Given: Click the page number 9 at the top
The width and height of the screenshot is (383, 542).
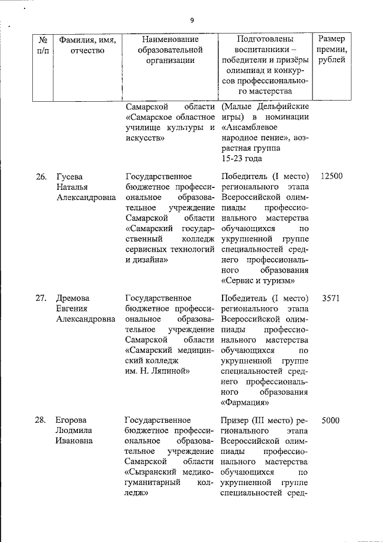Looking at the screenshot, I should click(192, 20).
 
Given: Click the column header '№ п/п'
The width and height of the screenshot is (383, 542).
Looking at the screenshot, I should click(42, 45).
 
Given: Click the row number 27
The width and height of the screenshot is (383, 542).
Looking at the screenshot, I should click(41, 298).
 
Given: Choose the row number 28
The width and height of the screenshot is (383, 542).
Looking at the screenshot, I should click(41, 420).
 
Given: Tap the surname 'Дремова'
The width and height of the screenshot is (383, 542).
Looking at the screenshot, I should click(73, 298).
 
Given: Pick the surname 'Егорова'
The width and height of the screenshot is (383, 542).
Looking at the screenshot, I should click(72, 420).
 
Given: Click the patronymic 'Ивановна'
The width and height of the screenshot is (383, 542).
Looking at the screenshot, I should click(75, 441).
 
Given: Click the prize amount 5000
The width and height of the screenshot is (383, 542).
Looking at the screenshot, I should click(331, 420).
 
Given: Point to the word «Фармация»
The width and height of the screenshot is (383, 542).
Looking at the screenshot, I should click(245, 402).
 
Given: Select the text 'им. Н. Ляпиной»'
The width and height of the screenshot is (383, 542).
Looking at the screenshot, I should click(157, 371).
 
